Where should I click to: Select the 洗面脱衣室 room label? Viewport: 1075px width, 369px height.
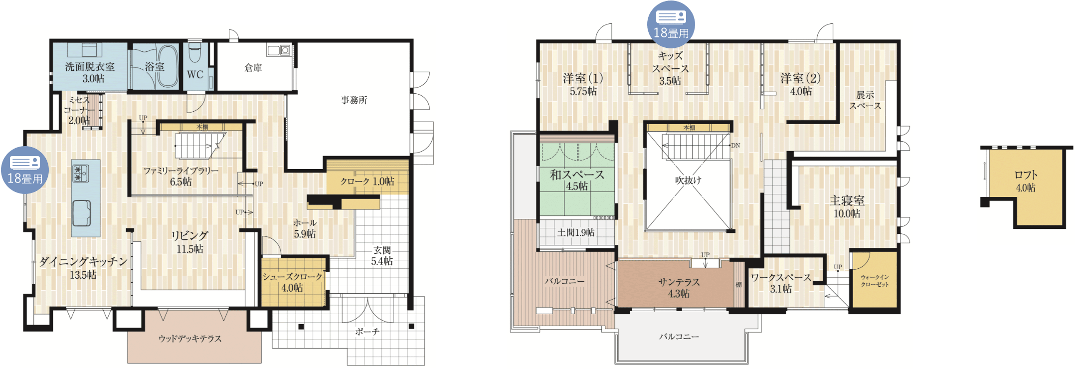coord(90,72)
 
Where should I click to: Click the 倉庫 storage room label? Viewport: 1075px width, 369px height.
coord(253,68)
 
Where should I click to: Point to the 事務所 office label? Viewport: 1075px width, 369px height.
coord(354,100)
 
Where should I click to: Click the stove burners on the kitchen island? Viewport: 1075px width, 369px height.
coord(80,173)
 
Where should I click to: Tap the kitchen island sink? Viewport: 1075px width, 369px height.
coord(81,213)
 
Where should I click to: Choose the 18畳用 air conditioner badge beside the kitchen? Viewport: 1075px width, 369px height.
coord(25,170)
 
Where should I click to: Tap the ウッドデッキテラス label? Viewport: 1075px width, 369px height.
coord(190,339)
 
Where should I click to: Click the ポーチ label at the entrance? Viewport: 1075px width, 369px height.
coord(367,332)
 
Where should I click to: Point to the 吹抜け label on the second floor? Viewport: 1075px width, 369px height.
coord(688,180)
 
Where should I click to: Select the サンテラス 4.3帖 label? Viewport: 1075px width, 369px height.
coord(679,288)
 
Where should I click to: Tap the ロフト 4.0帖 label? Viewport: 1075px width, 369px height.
coord(1026,181)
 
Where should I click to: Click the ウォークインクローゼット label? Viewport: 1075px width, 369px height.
coord(875,281)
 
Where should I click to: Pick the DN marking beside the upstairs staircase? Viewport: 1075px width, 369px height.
coord(735,146)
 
